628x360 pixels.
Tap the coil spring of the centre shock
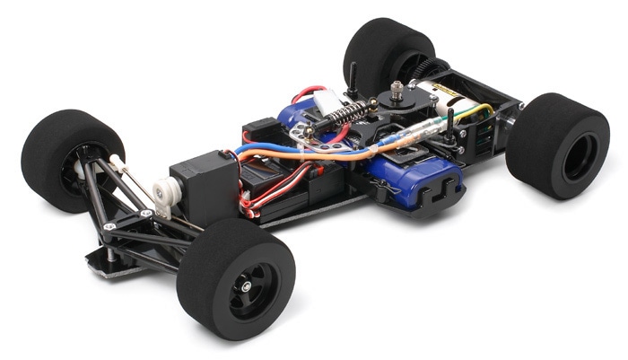pyautogui.click(x=351, y=115)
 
